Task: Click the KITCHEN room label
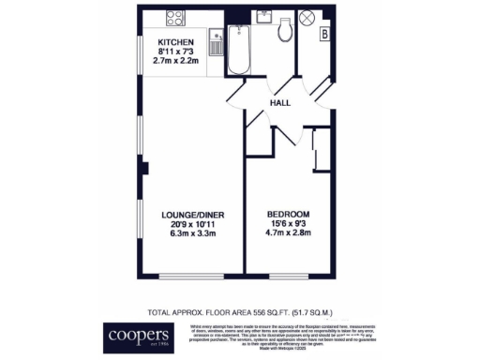click(175, 43)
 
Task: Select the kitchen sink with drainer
click(216, 46)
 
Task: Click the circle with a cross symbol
click(305, 18)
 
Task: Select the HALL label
click(280, 103)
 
